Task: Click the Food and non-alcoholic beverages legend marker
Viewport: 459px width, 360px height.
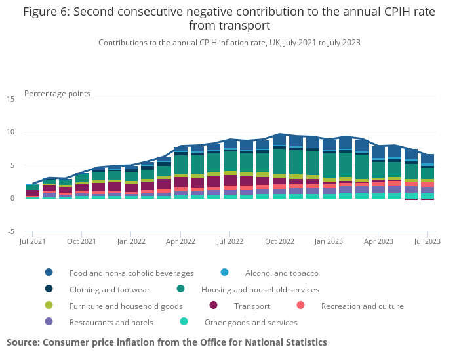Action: tap(49, 273)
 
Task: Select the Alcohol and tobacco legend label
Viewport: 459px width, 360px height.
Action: tap(281, 273)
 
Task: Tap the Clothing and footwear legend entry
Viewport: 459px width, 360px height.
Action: tap(110, 289)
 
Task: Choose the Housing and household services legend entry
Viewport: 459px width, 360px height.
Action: tap(260, 289)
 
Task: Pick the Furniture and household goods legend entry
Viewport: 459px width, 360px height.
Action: tap(126, 306)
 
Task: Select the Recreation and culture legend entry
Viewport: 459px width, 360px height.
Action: tap(362, 306)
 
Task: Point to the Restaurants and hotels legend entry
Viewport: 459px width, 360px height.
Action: tap(111, 322)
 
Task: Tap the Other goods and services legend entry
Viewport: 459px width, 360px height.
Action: tap(250, 322)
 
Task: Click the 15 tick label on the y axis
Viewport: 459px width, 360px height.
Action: tap(10, 99)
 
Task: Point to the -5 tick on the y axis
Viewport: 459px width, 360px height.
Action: tap(10, 231)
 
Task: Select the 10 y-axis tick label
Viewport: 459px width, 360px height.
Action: tap(10, 132)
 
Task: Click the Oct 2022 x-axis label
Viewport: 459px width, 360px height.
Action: tap(279, 241)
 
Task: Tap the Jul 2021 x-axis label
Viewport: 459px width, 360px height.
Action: tap(33, 241)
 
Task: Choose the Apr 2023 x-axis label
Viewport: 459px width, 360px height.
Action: tap(378, 241)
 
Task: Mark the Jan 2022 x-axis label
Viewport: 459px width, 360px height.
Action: tap(131, 241)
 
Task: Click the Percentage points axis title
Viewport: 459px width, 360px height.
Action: tap(57, 94)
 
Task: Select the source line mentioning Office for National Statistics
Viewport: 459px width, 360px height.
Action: tap(167, 342)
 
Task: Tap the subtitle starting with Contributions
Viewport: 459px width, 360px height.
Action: tap(229, 43)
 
